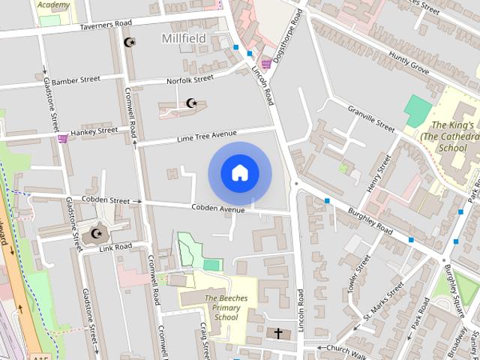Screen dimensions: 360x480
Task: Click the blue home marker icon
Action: coord(239,172)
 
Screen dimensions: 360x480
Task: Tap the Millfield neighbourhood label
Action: coord(184,37)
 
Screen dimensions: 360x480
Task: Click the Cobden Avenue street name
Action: coord(218,208)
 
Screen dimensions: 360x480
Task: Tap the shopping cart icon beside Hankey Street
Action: coord(63,138)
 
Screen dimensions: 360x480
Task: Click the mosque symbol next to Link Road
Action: coord(96,234)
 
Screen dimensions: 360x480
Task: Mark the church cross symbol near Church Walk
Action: coord(278,332)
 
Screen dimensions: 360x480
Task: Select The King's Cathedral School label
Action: coord(451,136)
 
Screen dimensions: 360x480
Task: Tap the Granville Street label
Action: coord(370,118)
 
